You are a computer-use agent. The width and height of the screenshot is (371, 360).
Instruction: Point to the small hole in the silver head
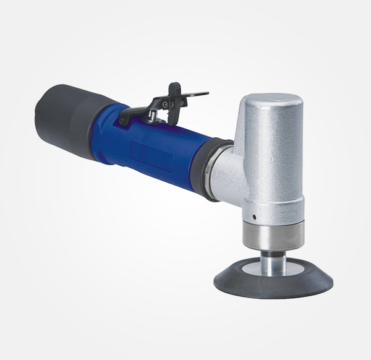click(x=254, y=216)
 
